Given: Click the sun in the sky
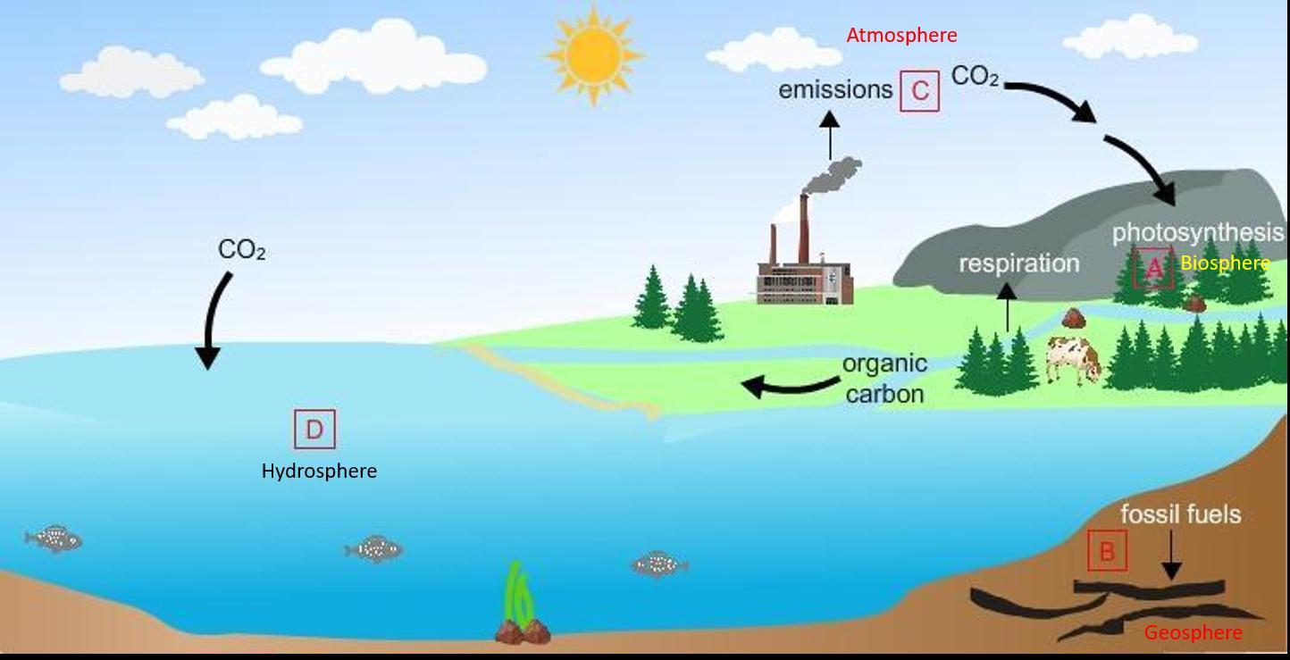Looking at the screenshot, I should pyautogui.click(x=593, y=55).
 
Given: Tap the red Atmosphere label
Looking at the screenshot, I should pyautogui.click(x=900, y=36).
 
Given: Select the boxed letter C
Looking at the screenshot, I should pyautogui.click(x=919, y=91).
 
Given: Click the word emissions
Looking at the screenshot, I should pyautogui.click(x=835, y=90).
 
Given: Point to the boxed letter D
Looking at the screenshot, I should pyautogui.click(x=314, y=430).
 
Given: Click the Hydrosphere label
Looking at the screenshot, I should pyautogui.click(x=319, y=471).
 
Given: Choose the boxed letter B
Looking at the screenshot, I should pyautogui.click(x=1107, y=551).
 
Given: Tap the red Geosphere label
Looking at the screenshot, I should pyautogui.click(x=1193, y=633).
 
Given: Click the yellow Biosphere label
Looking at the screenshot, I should pyautogui.click(x=1225, y=263).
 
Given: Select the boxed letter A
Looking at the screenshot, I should pyautogui.click(x=1153, y=267).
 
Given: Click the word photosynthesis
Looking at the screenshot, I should pyautogui.click(x=1197, y=233).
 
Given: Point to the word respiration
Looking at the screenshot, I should pyautogui.click(x=1018, y=263).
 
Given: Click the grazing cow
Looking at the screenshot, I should pyautogui.click(x=1073, y=358).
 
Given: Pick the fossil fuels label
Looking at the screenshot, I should pyautogui.click(x=1180, y=514).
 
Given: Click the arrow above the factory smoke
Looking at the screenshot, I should pyautogui.click(x=830, y=135).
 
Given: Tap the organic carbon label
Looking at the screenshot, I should pyautogui.click(x=884, y=379).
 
